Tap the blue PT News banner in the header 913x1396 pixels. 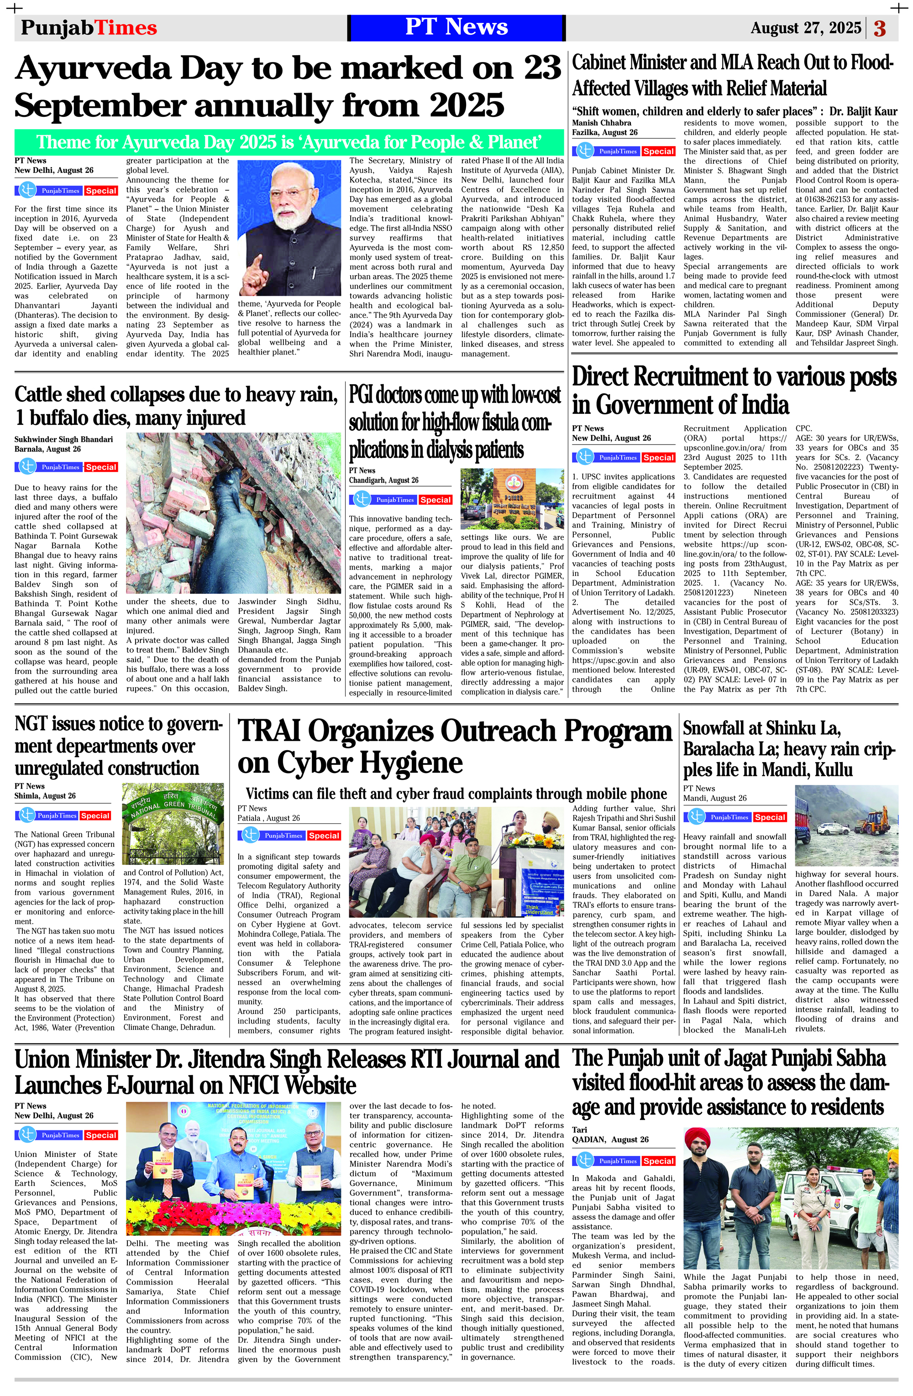coord(456,27)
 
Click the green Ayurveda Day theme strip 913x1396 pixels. coord(288,142)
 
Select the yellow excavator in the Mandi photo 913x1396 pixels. coord(874,818)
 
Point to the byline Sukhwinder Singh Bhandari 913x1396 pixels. coord(64,439)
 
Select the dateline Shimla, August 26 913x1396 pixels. coord(45,796)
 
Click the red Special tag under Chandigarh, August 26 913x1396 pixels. coord(436,500)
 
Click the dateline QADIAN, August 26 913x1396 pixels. coord(610,1139)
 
